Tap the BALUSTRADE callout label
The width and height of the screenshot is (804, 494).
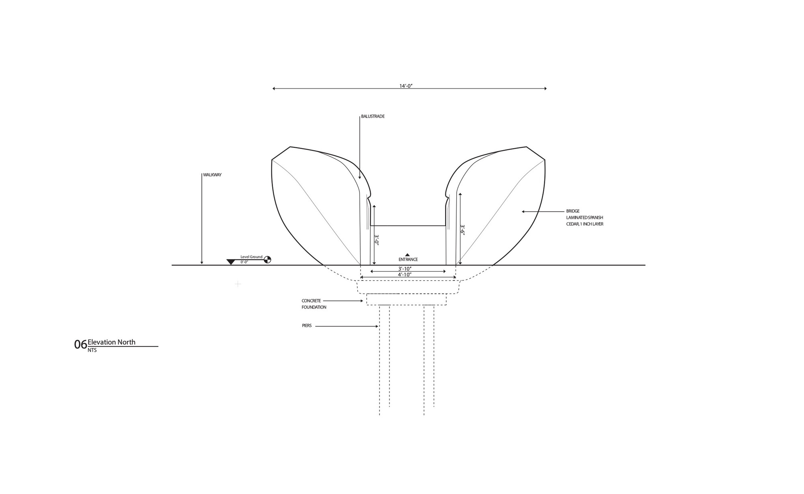[373, 116]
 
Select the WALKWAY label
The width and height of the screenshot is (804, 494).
[212, 175]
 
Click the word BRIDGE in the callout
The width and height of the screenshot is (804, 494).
[573, 211]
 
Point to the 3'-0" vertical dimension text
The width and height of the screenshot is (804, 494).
[377, 240]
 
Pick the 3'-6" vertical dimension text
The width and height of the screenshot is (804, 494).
[462, 230]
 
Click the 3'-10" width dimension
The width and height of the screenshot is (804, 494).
[405, 269]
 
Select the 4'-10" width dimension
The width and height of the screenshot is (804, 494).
[404, 275]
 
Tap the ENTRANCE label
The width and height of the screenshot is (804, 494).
[408, 259]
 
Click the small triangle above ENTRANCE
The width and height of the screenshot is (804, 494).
[407, 255]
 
